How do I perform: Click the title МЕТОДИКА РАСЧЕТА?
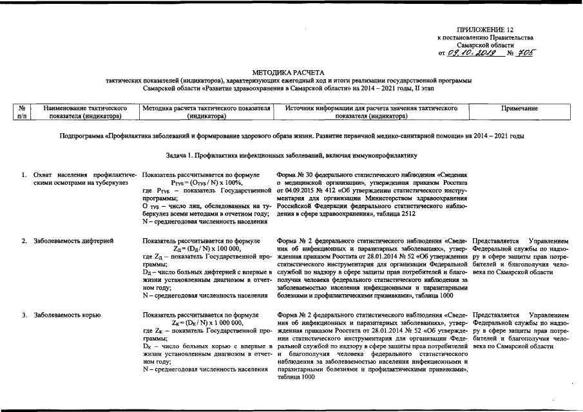tap(289, 72)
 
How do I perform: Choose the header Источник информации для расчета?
tap(370, 113)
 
